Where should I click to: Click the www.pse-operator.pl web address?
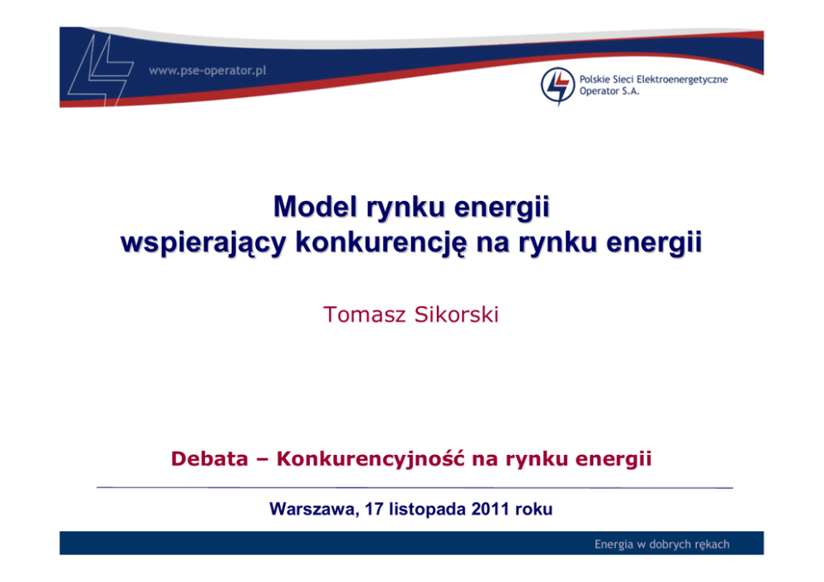(x=208, y=71)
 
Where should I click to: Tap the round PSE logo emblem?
(x=557, y=85)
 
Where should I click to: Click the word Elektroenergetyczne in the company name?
(x=682, y=80)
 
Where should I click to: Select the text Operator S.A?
(x=609, y=90)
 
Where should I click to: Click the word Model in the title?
(x=316, y=207)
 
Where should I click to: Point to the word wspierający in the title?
(x=203, y=243)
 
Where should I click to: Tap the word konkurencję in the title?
(x=380, y=243)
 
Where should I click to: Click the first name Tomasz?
(x=365, y=314)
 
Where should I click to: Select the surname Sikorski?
(x=456, y=314)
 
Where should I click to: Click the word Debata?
(x=209, y=458)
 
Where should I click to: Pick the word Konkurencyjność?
(x=371, y=459)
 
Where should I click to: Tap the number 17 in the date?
(x=374, y=508)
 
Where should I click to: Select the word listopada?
(x=427, y=509)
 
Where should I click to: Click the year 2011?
(x=490, y=508)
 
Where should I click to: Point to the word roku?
(x=534, y=508)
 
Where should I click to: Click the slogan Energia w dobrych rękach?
(x=662, y=544)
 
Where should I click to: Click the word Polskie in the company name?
(x=593, y=80)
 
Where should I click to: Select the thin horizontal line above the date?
(x=414, y=487)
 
